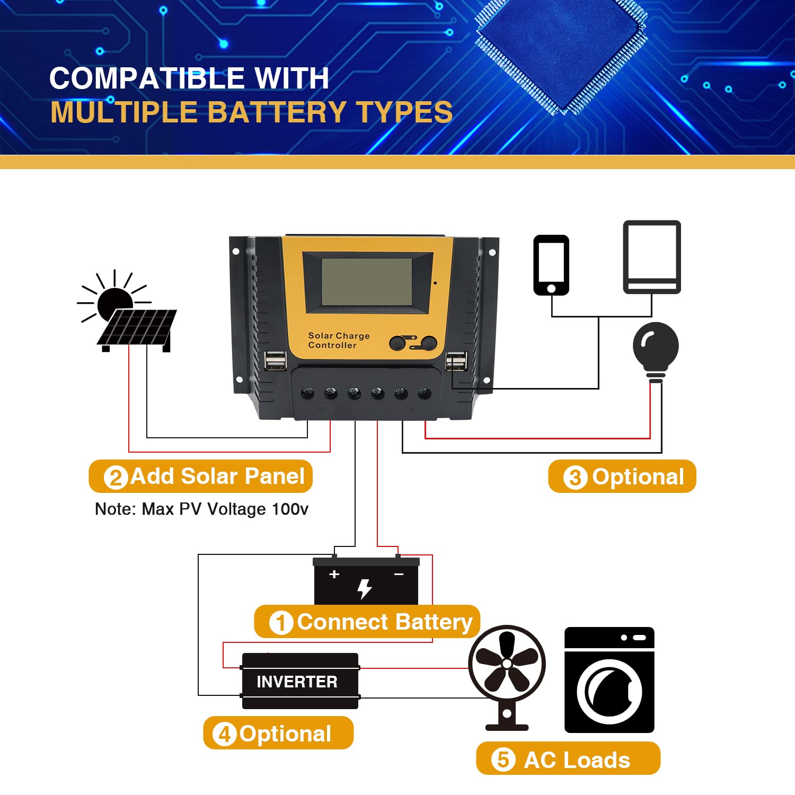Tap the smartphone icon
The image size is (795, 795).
click(x=551, y=265)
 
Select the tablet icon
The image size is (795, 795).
click(x=651, y=257)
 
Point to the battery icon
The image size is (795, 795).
click(x=366, y=582)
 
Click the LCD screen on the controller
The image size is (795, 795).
click(x=367, y=282)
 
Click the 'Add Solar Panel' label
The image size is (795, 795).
click(x=201, y=476)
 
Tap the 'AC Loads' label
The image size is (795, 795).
click(x=568, y=759)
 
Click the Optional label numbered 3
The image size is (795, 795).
click(x=622, y=476)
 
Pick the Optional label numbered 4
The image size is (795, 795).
click(x=278, y=733)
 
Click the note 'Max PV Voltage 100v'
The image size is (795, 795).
click(x=201, y=509)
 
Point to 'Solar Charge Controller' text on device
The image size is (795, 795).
click(x=339, y=340)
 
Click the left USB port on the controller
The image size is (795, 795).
click(x=275, y=360)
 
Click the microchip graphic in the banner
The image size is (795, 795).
click(x=561, y=53)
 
